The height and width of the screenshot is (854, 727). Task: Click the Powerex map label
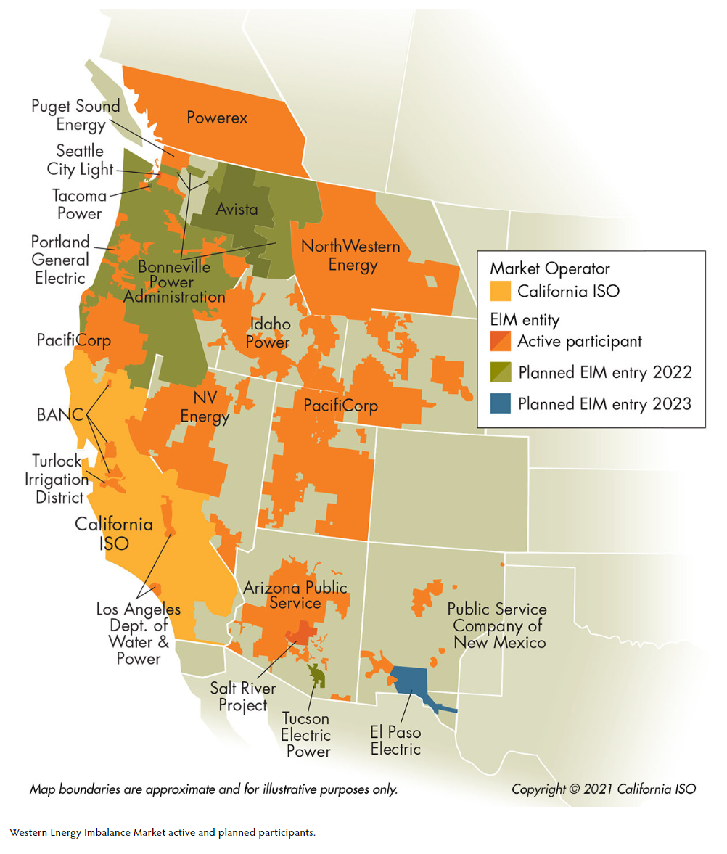coord(216,118)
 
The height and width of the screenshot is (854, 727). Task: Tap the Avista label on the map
coord(237,210)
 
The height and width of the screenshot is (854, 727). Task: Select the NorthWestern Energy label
coord(350,255)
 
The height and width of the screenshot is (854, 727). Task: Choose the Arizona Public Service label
coord(295,595)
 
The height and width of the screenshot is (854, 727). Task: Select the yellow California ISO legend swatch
coord(500,292)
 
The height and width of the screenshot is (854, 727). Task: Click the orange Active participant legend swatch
coord(500,341)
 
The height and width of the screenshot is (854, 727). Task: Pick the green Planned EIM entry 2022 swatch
coord(500,372)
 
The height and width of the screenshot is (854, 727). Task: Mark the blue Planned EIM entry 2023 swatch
coord(500,403)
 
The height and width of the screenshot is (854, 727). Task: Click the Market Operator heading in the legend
coord(550,268)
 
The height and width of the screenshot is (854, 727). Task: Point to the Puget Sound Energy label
coord(75,115)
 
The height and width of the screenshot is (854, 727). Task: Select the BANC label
coord(61,415)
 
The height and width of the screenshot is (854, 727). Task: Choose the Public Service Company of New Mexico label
coord(496,625)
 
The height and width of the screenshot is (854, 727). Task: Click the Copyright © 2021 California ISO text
coord(603,789)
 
